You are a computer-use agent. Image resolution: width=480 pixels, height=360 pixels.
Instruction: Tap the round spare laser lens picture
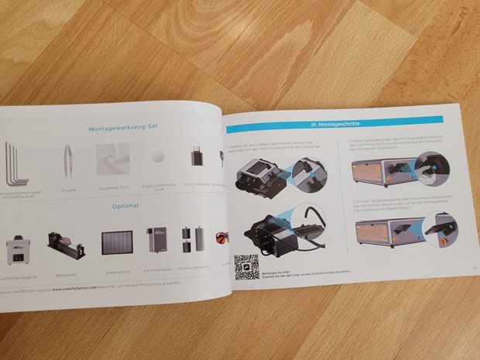(157, 156)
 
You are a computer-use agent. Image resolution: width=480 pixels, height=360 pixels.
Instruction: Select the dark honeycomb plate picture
(116, 243)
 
